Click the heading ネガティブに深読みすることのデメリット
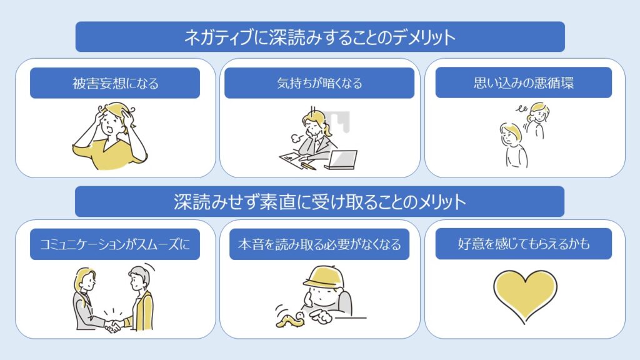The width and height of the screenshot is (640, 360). pos(320,37)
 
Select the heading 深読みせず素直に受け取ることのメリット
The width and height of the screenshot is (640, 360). pos(320,202)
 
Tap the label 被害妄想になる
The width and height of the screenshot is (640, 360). pos(116,83)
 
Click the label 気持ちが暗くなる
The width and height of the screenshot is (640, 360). pos(319,83)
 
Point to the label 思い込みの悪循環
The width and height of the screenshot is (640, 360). pos(524,83)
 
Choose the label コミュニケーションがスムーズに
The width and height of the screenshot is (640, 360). pos(115,244)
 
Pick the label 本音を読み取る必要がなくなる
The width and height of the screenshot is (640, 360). pos(319,244)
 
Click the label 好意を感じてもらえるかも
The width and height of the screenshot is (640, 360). pos(524,244)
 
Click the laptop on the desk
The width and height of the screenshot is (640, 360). pos(342,159)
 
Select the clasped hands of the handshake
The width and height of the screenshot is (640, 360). pos(113,326)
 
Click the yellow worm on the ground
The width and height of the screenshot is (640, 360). pos(290,320)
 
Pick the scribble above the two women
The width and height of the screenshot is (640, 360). pos(521,109)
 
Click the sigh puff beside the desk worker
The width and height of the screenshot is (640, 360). pos(296,137)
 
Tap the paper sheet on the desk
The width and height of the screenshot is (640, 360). pos(292,157)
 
